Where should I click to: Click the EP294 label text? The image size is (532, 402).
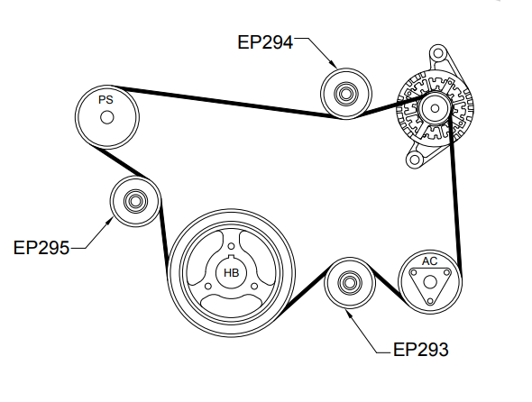[265, 42]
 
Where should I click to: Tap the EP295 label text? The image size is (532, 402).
[41, 248]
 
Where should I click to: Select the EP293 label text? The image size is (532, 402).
[421, 350]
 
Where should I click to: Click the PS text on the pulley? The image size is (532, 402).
[105, 100]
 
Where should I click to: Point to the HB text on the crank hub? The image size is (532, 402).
[232, 273]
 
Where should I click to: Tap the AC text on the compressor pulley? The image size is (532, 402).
[429, 261]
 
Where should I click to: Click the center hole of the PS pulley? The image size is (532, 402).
[107, 118]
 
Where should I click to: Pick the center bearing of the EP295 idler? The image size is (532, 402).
[135, 202]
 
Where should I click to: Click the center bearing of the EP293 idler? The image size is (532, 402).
[350, 283]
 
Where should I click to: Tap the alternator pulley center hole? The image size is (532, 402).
[435, 108]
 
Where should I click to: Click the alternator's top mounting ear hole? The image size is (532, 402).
[438, 53]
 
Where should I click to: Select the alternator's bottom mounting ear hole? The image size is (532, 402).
[414, 160]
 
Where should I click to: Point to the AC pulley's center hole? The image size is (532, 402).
[430, 282]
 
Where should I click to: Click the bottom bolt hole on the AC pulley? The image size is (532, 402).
[430, 301]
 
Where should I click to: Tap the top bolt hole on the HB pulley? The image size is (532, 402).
[231, 246]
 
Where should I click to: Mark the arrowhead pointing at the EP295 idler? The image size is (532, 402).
[109, 221]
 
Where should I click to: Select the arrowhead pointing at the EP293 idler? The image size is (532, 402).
[348, 313]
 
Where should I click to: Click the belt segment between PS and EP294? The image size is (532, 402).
[222, 102]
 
